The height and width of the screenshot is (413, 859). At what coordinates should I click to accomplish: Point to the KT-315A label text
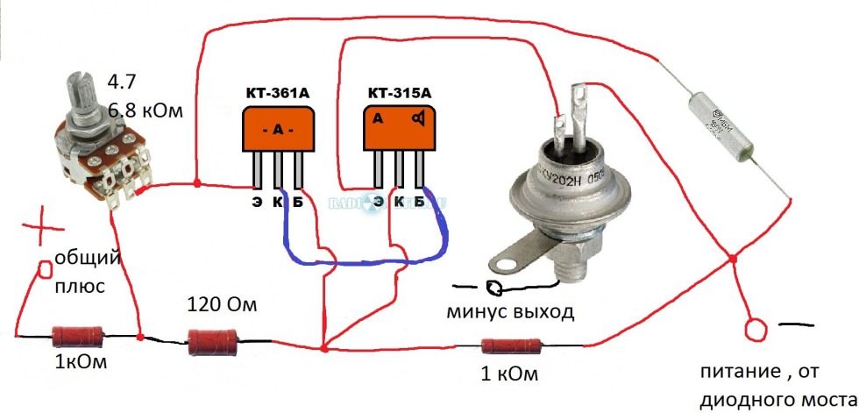[x=400, y=92]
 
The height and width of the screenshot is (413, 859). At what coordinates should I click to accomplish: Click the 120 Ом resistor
[x=214, y=341]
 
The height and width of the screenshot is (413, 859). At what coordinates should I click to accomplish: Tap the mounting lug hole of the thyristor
[x=510, y=262]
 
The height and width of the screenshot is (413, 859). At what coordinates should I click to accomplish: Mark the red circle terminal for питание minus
[x=753, y=331]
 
